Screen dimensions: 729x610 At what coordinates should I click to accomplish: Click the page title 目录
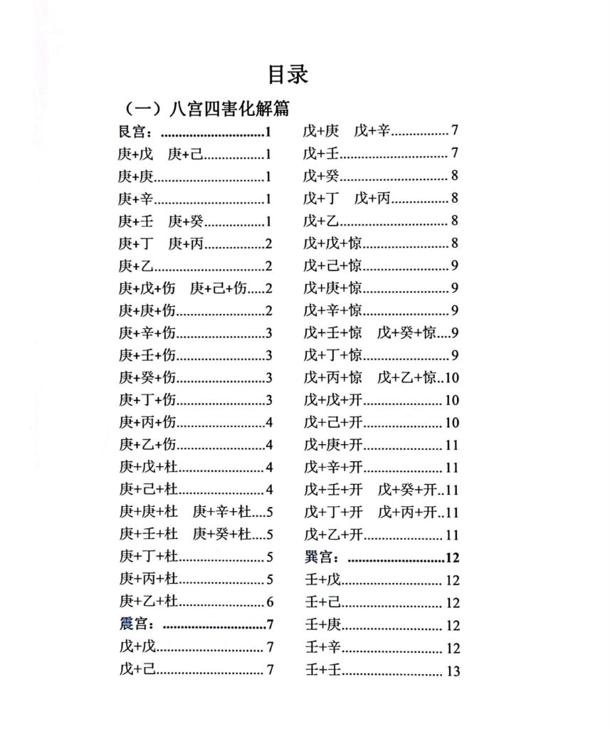pyautogui.click(x=288, y=74)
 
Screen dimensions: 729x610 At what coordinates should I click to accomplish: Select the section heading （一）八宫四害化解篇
pyautogui.click(x=207, y=110)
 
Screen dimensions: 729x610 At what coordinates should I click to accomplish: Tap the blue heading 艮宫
pyautogui.click(x=134, y=132)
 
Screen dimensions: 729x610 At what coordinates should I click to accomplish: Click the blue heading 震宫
pyautogui.click(x=135, y=624)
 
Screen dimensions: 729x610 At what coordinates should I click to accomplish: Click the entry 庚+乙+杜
pyautogui.click(x=148, y=602)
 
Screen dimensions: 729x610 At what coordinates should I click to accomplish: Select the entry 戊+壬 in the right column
pyautogui.click(x=321, y=153)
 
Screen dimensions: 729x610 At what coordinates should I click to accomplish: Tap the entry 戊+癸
pyautogui.click(x=321, y=176)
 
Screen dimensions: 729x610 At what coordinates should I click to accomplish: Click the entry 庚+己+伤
pyautogui.click(x=219, y=288)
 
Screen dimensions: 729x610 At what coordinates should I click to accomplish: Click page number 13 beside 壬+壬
pyautogui.click(x=453, y=671)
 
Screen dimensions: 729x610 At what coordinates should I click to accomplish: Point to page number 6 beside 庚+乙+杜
pyautogui.click(x=269, y=602)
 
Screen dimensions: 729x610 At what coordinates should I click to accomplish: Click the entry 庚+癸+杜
pyautogui.click(x=221, y=534)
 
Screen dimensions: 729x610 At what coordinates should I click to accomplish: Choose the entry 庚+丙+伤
pyautogui.click(x=147, y=422)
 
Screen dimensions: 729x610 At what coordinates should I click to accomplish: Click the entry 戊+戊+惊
pyautogui.click(x=333, y=243)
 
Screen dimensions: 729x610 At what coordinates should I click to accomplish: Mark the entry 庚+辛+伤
pyautogui.click(x=147, y=333)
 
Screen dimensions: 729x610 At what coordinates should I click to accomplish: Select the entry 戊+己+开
pyautogui.click(x=333, y=422)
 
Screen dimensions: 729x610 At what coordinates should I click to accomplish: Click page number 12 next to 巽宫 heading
pyautogui.click(x=452, y=557)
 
